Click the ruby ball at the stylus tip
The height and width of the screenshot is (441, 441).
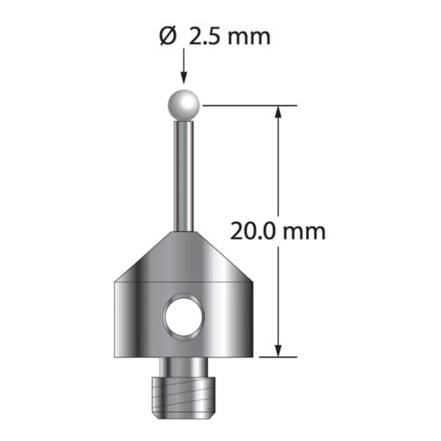(183, 105)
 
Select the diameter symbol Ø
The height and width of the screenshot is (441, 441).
(168, 37)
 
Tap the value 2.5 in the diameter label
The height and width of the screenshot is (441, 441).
(203, 37)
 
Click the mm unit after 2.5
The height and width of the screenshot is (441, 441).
(250, 39)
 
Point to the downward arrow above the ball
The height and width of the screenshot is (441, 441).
(183, 66)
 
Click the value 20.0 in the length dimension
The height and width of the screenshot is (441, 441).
(253, 232)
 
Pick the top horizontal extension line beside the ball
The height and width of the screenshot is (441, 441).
(250, 105)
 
